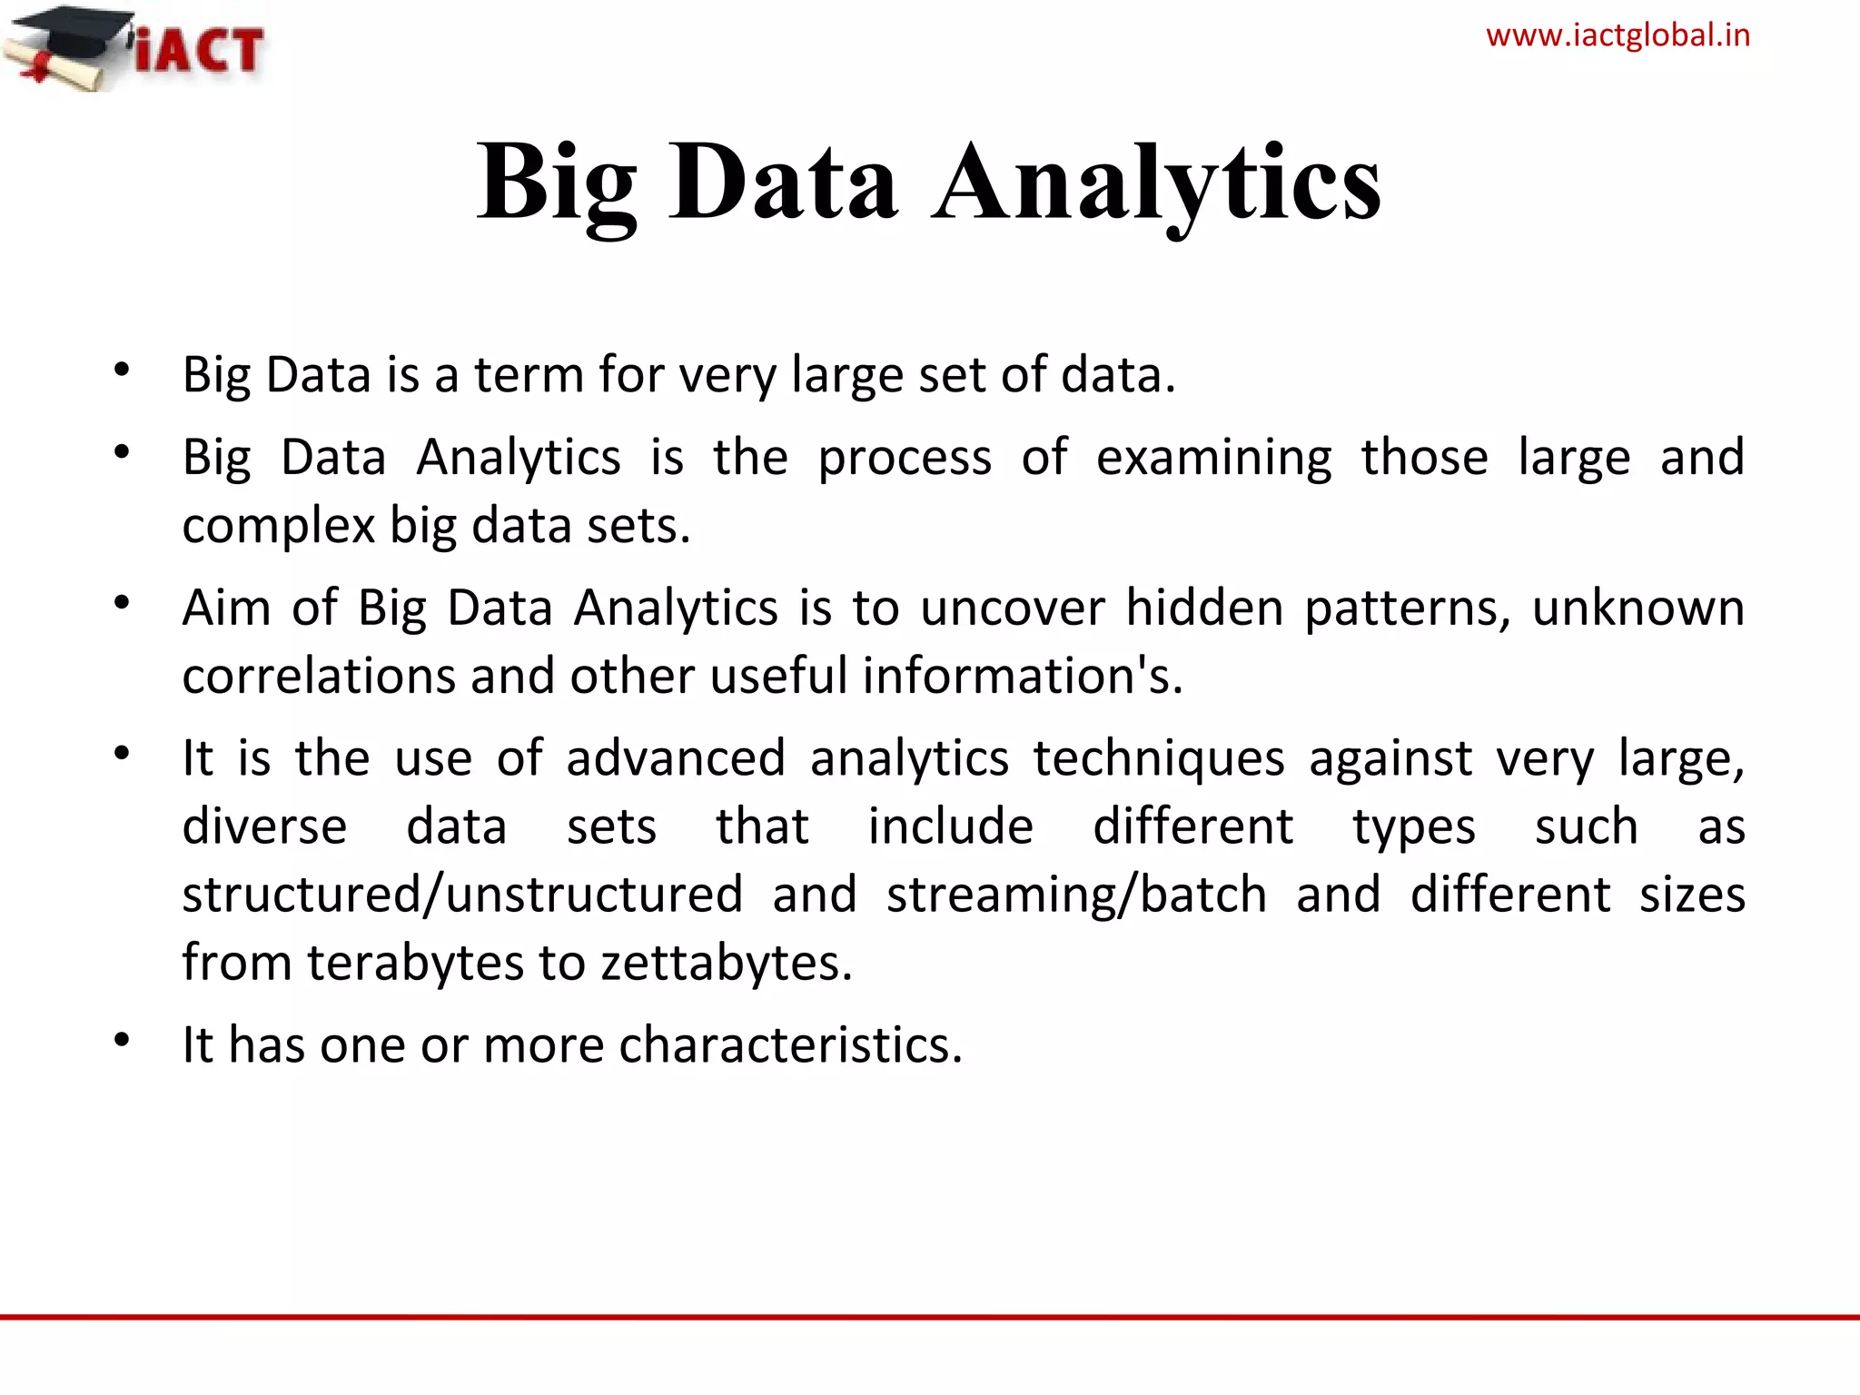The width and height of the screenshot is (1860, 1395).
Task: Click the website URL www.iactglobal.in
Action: click(x=1618, y=35)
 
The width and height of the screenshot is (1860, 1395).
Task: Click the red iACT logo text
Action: click(x=200, y=49)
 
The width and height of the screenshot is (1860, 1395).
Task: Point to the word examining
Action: click(x=1213, y=457)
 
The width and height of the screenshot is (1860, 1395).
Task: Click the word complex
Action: click(x=279, y=526)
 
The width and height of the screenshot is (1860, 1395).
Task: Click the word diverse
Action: click(x=264, y=826)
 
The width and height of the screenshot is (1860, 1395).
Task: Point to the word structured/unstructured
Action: click(x=462, y=895)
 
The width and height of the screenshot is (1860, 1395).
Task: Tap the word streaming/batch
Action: click(x=1076, y=895)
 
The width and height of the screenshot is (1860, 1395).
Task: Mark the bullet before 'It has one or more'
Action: click(x=123, y=1039)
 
